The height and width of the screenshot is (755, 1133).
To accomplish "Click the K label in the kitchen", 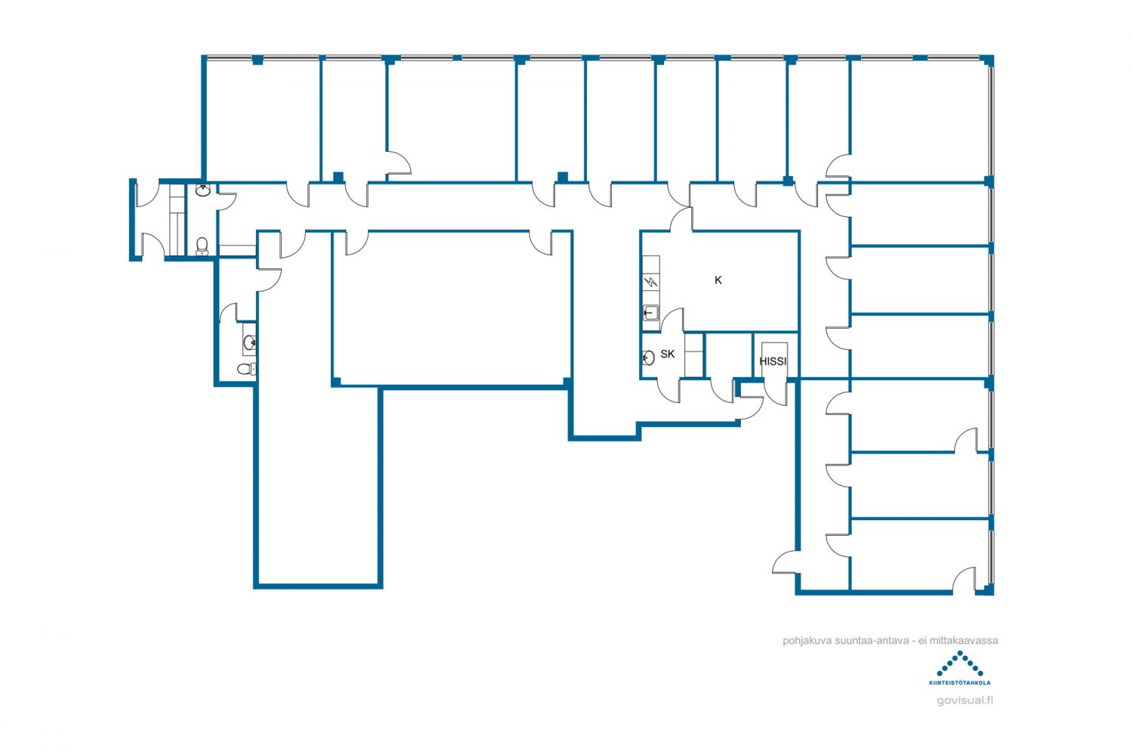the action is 718,280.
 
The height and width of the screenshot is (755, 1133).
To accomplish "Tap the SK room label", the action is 667,354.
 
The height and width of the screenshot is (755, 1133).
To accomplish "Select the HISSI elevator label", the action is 773,361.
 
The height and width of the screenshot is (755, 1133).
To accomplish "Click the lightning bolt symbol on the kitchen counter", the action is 651,282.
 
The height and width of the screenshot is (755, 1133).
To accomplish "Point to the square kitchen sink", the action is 650,313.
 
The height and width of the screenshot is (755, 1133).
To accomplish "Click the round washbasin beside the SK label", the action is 648,357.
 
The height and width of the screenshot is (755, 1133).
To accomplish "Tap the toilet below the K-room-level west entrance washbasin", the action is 202,246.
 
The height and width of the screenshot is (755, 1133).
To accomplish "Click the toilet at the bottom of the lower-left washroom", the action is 247,369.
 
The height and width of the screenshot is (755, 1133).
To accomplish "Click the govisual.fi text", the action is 965,701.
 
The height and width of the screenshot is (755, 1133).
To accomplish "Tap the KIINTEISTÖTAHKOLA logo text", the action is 959,682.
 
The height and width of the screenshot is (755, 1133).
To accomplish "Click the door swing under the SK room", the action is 668,391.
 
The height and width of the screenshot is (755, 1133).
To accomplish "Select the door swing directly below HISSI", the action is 776,392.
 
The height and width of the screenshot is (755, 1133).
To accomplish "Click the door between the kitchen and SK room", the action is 672,320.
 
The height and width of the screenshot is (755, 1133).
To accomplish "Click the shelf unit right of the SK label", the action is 694,355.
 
